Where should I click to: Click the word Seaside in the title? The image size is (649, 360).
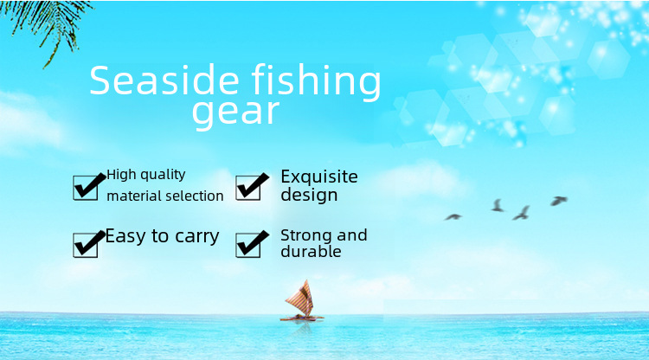point(164,80)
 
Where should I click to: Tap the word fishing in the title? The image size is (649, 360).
point(316,82)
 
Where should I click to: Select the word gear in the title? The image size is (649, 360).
point(235,112)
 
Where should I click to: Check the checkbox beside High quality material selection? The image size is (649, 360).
point(86,188)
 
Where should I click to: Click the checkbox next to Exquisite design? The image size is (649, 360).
point(248,188)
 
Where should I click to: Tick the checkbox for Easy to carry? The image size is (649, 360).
point(86,245)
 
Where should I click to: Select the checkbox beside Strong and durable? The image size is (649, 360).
point(248,245)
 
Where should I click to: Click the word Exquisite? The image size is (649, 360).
point(319,177)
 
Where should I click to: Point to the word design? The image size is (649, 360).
point(309,195)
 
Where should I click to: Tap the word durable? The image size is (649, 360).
point(311,251)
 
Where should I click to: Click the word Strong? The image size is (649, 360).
point(306,236)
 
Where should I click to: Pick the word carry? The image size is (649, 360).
point(197,237)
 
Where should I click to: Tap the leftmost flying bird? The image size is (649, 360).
point(453,217)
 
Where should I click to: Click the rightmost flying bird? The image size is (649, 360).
point(558,201)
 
